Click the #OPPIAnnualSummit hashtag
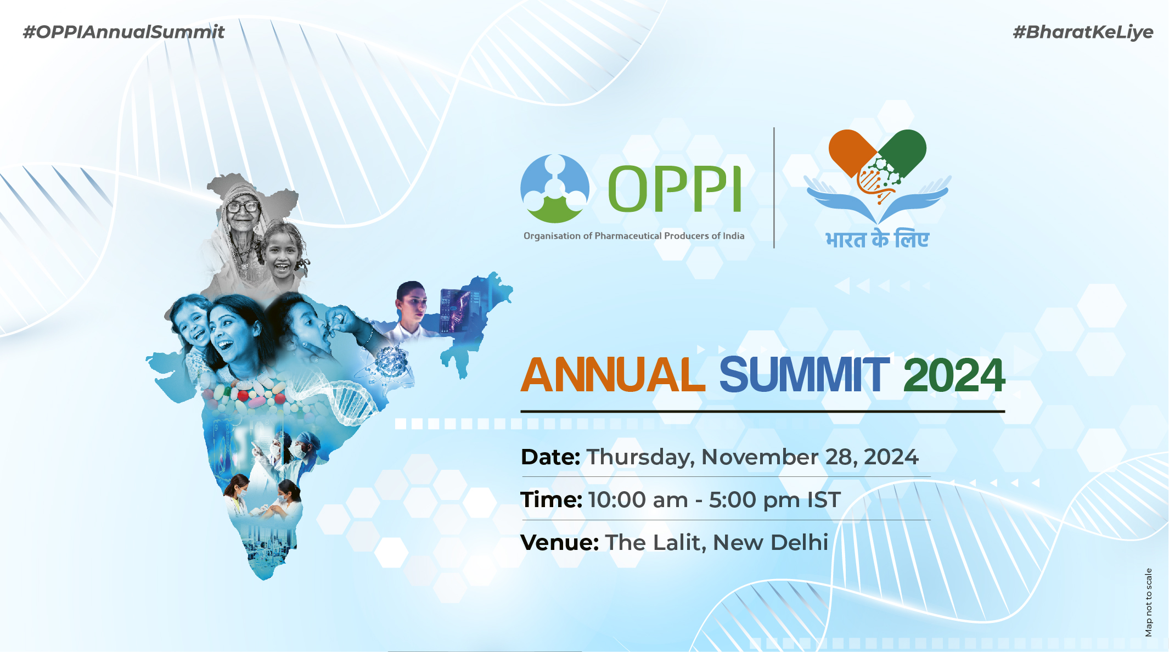123,32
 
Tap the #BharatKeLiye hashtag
1083,32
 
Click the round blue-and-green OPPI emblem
555,188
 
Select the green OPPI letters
675,189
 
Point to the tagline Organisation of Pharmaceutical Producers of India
634,236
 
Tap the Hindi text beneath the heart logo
877,239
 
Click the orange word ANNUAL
612,375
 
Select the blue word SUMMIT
804,375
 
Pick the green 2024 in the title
954,375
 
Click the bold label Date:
550,457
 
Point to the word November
760,457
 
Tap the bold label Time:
551,500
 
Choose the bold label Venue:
559,543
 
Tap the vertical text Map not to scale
1148,602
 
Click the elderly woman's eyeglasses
243,207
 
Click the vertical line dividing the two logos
774,188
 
